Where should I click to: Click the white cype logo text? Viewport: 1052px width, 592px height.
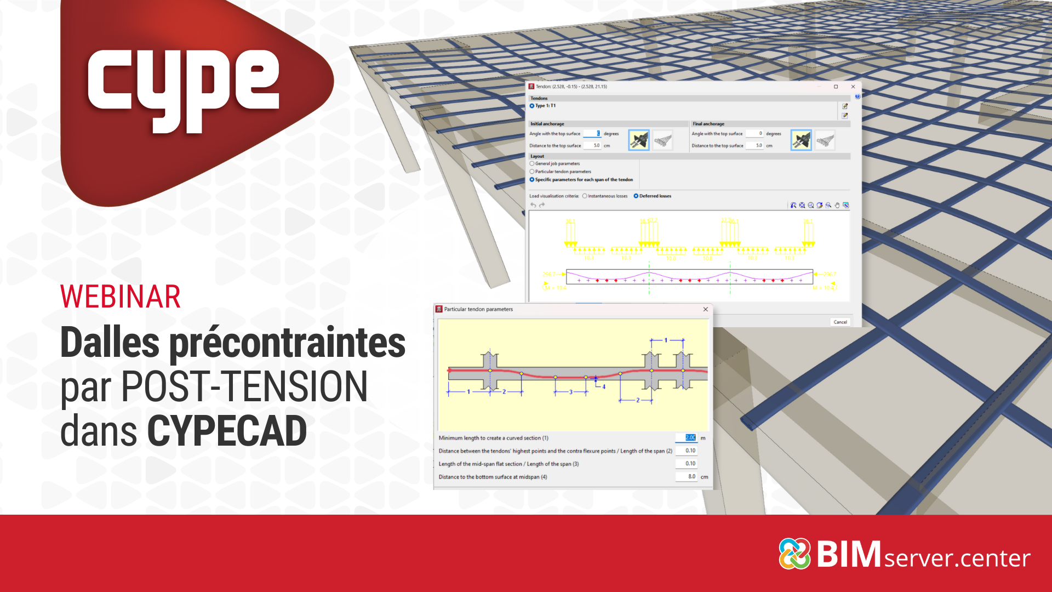(x=184, y=88)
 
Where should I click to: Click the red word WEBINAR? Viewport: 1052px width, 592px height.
(x=121, y=297)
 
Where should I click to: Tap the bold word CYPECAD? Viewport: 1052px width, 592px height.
(x=227, y=431)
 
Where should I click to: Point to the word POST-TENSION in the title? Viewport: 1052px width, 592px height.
(x=244, y=386)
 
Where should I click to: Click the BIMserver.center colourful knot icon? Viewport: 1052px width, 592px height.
(x=794, y=554)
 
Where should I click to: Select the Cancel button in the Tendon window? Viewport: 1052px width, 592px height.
(x=840, y=322)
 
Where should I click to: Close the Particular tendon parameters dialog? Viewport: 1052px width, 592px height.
(x=705, y=309)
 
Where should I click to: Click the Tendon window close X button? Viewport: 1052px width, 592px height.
(x=853, y=87)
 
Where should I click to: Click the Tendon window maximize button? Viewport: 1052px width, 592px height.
(x=836, y=87)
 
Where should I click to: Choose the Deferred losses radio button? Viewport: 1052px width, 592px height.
(x=636, y=196)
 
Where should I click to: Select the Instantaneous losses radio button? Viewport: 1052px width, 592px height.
(x=585, y=196)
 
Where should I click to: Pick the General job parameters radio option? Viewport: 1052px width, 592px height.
(x=532, y=163)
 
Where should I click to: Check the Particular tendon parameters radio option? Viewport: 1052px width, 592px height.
(x=532, y=172)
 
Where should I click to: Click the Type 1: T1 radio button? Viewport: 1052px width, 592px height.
(x=532, y=106)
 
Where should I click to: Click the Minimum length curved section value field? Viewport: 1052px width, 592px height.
(x=687, y=437)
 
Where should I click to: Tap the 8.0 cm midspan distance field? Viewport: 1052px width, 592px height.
(x=687, y=476)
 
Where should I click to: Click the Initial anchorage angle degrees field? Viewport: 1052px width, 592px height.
(x=592, y=133)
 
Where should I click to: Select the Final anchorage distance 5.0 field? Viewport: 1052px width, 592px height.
(x=755, y=145)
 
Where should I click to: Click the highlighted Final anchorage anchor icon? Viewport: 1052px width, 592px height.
(x=801, y=140)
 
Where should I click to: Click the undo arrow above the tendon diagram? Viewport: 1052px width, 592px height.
(x=533, y=205)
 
